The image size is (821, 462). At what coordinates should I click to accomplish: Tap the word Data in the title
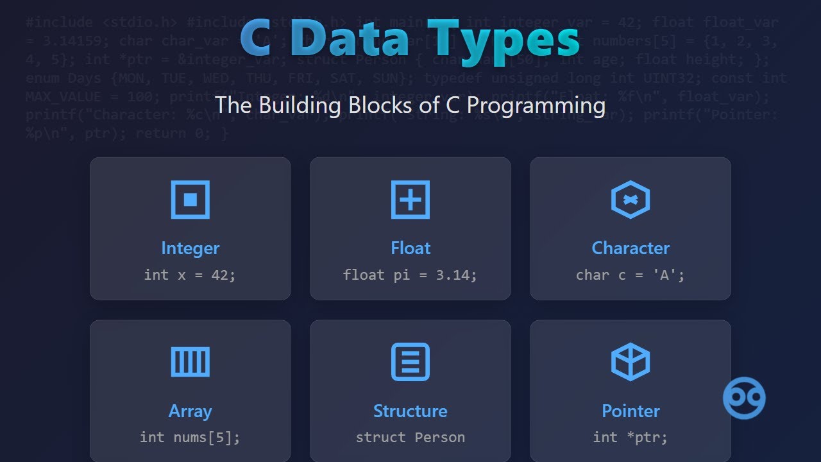click(350, 38)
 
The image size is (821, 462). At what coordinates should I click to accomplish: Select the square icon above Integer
click(190, 200)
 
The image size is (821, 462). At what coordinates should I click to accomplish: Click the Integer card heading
click(190, 248)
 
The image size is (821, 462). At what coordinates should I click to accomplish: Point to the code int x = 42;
click(190, 275)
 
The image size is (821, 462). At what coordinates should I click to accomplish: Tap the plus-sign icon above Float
click(410, 200)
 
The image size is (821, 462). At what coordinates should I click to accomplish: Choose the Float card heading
click(410, 248)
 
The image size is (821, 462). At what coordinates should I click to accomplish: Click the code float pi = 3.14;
click(410, 275)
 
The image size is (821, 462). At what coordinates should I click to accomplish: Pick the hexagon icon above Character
click(631, 200)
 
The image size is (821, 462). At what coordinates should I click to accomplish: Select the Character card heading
click(631, 248)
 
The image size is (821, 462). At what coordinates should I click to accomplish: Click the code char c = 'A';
click(631, 275)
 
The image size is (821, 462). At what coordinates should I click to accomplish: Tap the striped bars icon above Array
click(190, 362)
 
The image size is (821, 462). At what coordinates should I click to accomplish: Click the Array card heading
click(190, 411)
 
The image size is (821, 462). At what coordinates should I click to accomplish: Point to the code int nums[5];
click(190, 438)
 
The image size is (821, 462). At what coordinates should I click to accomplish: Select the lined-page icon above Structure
click(410, 362)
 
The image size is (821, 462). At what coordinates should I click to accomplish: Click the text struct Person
click(410, 438)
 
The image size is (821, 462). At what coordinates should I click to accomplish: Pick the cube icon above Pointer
click(631, 362)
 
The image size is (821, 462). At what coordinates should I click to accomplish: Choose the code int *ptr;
click(631, 438)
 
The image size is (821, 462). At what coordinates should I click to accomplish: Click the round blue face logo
click(744, 398)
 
